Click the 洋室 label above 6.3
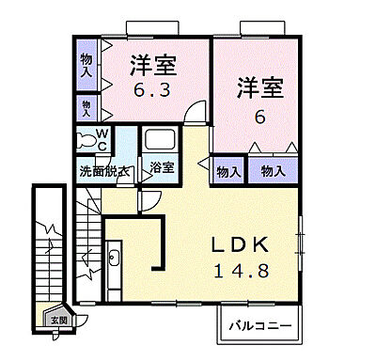click(153, 69)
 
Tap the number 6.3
click(153, 92)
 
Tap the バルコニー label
click(264, 327)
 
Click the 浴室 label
click(162, 169)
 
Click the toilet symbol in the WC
click(87, 142)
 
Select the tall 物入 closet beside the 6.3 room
click(86, 64)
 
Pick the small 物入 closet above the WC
click(86, 106)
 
